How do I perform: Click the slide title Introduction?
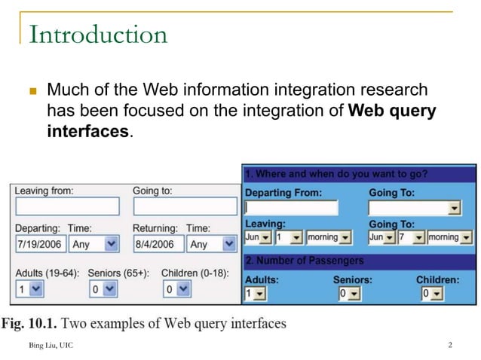coord(97,35)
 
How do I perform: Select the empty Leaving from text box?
coord(67,206)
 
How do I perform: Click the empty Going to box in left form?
coord(185,206)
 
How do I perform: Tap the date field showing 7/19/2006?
coord(41,244)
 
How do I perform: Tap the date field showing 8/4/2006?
coord(158,244)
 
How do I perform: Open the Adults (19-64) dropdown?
coord(30,288)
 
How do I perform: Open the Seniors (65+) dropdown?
coord(103,288)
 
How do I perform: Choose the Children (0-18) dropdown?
coord(177,288)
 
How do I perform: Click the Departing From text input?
coord(291,208)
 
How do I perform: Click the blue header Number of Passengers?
coord(305,261)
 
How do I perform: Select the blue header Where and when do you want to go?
coord(336,175)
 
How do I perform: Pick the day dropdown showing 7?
coord(412,237)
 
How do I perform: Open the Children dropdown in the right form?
coord(432,293)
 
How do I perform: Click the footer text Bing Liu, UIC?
coord(52,346)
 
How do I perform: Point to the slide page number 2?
coord(449,346)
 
